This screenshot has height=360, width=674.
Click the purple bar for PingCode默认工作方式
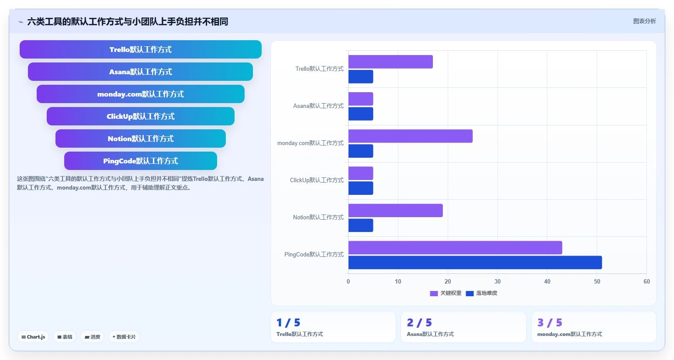tap(455, 247)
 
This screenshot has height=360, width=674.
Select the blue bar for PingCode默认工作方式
tap(475, 263)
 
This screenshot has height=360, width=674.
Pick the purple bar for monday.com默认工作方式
tap(411, 136)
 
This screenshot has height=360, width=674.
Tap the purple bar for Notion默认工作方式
tap(395, 211)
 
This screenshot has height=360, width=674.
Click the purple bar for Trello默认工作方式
tap(391, 62)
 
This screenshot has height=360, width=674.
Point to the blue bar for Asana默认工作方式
tap(361, 114)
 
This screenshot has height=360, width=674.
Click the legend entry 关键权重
tap(446, 293)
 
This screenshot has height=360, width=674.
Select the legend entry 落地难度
tap(481, 293)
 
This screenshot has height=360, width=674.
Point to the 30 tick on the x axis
tap(498, 281)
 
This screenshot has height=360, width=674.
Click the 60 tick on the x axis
tap(646, 281)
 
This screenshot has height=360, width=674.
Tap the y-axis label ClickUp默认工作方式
tap(317, 180)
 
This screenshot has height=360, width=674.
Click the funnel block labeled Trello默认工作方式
tap(141, 49)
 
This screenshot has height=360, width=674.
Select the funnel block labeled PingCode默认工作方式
tap(141, 161)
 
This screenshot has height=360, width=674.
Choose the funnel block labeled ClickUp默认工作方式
tap(141, 116)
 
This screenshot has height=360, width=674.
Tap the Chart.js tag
tap(33, 337)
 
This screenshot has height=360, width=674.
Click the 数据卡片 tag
tap(124, 337)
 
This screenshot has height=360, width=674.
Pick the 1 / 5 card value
tap(288, 323)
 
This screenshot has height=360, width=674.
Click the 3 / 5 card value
tap(550, 323)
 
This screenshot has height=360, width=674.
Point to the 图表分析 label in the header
tap(644, 21)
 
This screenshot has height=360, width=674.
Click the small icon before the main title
tap(21, 22)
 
